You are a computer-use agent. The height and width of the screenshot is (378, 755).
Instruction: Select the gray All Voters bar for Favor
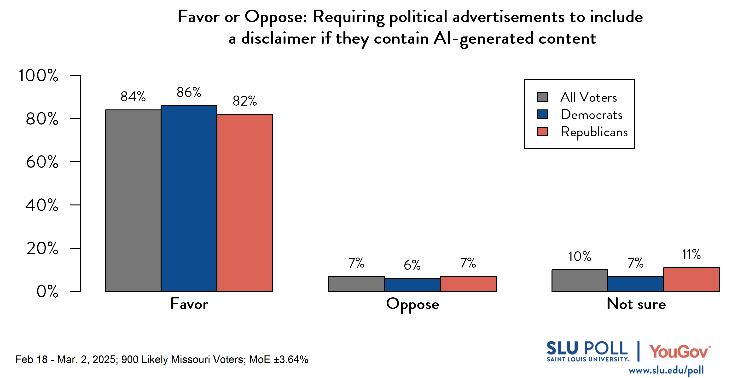point(133,200)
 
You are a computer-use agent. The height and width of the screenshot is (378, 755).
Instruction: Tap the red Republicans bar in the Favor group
point(245,203)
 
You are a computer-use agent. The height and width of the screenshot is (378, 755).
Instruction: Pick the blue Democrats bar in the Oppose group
point(412,285)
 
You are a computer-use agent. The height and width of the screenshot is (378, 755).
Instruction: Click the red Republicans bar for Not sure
point(691,279)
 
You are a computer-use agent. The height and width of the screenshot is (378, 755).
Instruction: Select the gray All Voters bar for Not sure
point(580,281)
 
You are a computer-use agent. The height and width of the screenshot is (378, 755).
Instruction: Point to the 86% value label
point(189,92)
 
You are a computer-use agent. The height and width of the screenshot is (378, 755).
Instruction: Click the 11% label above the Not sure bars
point(691,254)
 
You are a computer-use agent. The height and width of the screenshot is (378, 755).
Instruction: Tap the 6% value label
point(412,265)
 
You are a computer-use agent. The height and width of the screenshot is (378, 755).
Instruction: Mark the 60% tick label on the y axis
point(42,162)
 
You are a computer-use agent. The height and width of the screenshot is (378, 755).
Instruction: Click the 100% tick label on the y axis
point(38,75)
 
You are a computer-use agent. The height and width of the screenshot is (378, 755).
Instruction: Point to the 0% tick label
point(47,291)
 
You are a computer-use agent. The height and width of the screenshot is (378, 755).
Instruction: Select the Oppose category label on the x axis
point(412,304)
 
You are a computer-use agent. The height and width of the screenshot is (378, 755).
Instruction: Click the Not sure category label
point(636,304)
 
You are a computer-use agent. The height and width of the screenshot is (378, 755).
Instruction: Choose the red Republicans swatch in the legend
point(542,132)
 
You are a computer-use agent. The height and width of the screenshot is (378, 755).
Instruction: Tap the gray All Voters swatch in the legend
point(542,97)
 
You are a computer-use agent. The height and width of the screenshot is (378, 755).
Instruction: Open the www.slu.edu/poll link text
point(666,370)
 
